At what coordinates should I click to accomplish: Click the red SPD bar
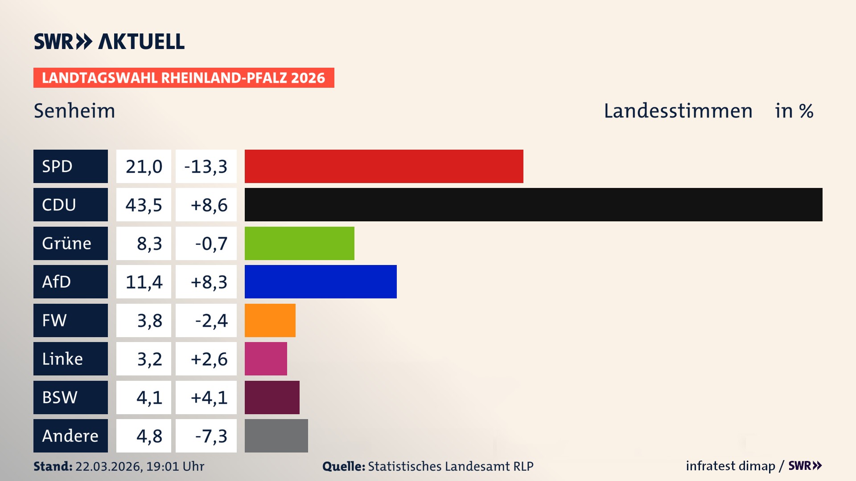tap(383, 166)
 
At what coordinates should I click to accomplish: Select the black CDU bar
tap(533, 204)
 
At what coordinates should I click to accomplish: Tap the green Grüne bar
tap(299, 243)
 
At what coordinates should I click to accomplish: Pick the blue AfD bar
tap(320, 281)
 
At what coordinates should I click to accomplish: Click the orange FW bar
tap(270, 320)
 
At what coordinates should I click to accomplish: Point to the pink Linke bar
tap(266, 359)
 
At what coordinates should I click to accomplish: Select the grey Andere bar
tap(276, 436)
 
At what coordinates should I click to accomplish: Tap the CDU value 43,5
tap(144, 205)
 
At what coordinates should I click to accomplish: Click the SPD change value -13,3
tap(206, 167)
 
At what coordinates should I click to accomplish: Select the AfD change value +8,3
tap(209, 282)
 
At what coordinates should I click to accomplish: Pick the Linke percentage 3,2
tap(149, 359)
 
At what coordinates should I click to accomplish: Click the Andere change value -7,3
tap(211, 436)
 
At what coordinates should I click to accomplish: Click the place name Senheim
tap(74, 111)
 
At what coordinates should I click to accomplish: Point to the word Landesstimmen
tap(678, 111)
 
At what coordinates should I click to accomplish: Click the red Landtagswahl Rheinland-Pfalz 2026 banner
tap(183, 78)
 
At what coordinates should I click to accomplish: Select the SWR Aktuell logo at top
tap(109, 41)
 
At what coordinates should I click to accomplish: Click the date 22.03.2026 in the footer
tap(108, 466)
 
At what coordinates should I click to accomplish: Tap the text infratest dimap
tap(730, 466)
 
